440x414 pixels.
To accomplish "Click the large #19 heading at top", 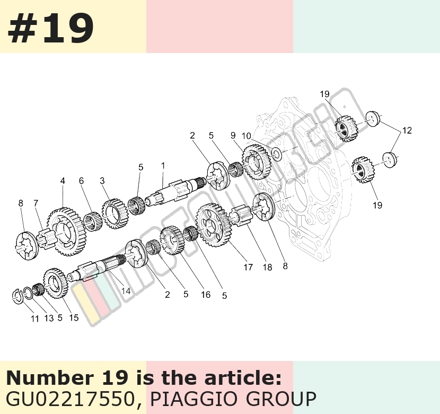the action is [x=50, y=29].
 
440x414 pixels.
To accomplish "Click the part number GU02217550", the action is [x=69, y=399].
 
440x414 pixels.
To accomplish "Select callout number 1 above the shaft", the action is [x=163, y=166].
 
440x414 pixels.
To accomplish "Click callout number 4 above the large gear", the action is [x=63, y=180].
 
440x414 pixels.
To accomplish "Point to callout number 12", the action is [x=407, y=131].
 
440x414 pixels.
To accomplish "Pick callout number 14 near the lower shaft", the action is [x=126, y=291].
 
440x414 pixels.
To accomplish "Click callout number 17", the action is [x=248, y=267].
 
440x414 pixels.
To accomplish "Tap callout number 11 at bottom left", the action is [x=35, y=319].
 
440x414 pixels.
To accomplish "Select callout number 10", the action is [x=247, y=136].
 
